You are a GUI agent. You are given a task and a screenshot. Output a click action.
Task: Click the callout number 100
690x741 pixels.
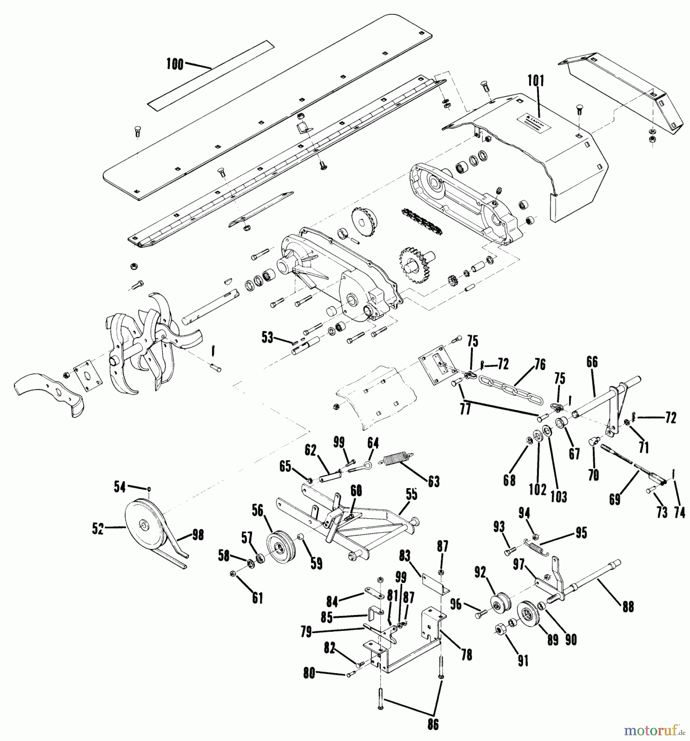coord(175,64)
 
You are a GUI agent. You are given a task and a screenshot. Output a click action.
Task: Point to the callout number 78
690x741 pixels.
coord(466,654)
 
